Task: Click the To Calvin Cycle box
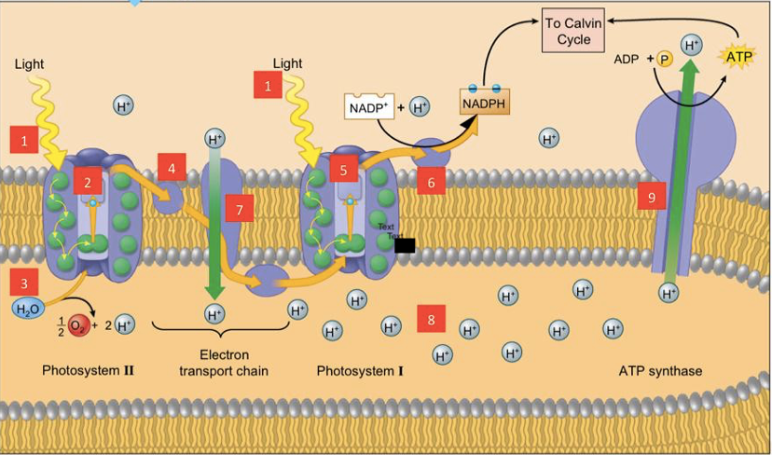click(x=573, y=31)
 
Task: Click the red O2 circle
click(x=78, y=325)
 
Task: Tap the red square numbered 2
click(x=87, y=183)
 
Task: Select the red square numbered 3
click(x=24, y=282)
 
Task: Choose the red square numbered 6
click(x=431, y=183)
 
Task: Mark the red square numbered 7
click(x=239, y=210)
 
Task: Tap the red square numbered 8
click(x=431, y=318)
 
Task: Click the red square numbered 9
click(x=651, y=197)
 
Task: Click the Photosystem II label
click(x=89, y=371)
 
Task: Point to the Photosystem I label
click(x=360, y=371)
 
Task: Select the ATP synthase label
click(x=660, y=371)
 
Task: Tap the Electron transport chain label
click(x=223, y=363)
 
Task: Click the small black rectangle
click(x=405, y=246)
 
